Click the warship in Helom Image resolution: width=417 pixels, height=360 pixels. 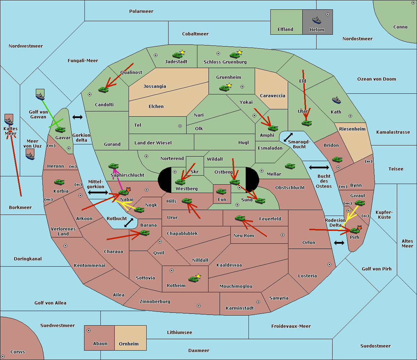pos(317,20)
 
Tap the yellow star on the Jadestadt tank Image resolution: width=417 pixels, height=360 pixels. pos(182,52)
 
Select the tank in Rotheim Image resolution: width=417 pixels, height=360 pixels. pos(193,279)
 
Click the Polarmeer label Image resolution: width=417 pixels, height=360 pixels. pos(141,11)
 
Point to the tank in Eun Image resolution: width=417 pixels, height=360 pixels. pos(221,192)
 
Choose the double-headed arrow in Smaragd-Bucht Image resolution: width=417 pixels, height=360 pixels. pos(288,137)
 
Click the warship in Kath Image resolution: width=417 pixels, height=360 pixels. pos(336,100)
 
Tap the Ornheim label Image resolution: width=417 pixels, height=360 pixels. pos(129,344)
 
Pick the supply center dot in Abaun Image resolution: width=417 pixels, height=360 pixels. pos(89,330)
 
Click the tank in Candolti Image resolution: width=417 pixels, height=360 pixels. pos(103,90)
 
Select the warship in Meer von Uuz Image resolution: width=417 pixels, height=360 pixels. pos(30,156)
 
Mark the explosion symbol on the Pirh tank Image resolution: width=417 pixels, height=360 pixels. pos(359,228)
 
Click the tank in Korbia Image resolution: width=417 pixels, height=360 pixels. pos(59,182)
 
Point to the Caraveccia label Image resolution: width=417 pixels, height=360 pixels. pos(272,95)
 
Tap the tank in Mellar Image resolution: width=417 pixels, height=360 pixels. pos(290,166)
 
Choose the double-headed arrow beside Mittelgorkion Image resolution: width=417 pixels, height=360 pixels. pos(98,192)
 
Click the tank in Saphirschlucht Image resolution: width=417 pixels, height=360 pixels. pos(113,166)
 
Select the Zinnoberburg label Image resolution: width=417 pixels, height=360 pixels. pos(155,302)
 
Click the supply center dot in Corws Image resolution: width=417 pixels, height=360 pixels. pos(3,357)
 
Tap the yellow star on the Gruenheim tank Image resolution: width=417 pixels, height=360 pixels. pos(229,85)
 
